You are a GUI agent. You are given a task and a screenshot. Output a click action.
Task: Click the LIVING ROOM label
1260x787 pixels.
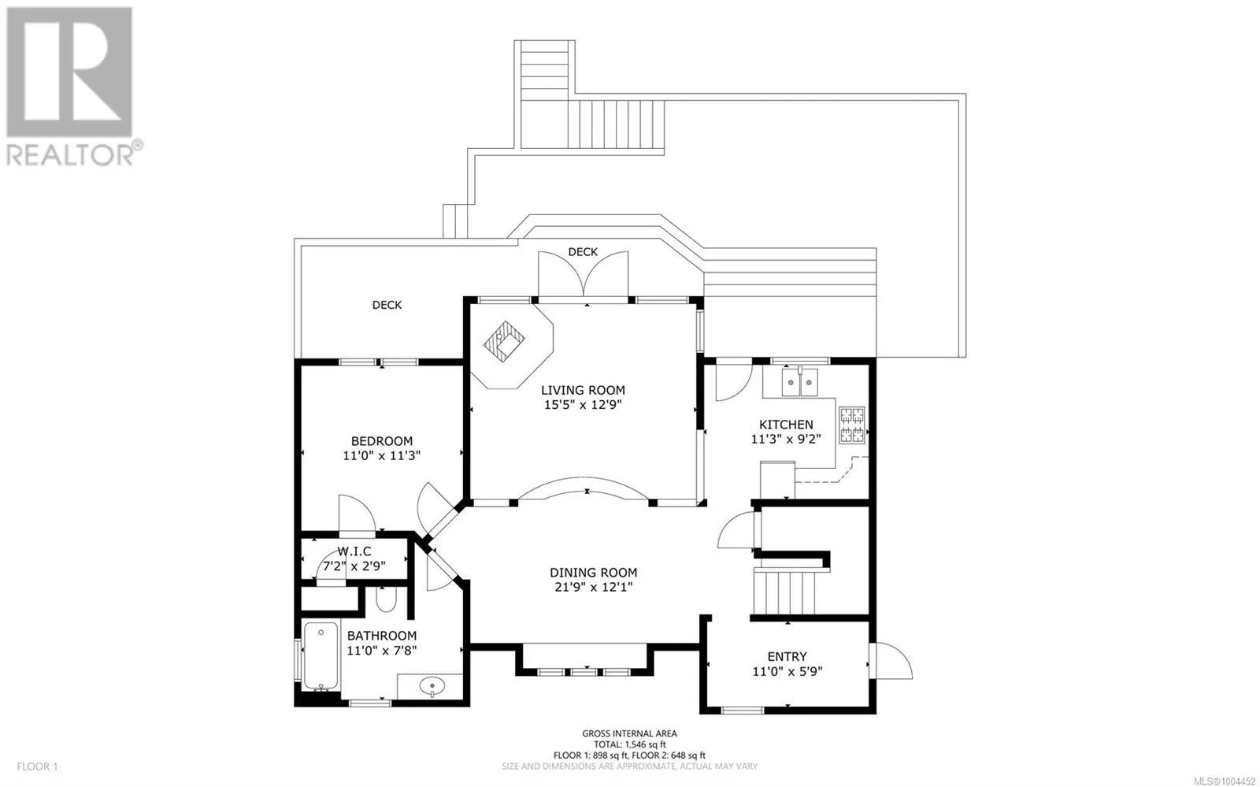583,390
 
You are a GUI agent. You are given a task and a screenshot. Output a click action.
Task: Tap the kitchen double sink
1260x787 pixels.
799,383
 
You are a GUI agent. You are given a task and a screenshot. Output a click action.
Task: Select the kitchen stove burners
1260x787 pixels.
851,425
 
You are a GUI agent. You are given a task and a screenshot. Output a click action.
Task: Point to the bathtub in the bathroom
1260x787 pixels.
321,656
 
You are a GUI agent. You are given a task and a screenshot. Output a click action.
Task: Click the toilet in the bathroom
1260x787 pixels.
386,600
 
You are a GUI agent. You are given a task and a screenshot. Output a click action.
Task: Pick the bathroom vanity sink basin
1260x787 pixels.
432,686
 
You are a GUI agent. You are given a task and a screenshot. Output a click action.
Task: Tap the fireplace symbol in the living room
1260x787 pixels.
505,341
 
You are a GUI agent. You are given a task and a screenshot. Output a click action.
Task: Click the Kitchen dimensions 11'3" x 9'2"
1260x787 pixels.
786,440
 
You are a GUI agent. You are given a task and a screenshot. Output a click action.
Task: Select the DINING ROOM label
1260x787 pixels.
594,573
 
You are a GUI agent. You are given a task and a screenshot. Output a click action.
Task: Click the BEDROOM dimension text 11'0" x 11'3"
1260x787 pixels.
382,455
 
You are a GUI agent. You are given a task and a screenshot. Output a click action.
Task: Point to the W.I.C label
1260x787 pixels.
354,551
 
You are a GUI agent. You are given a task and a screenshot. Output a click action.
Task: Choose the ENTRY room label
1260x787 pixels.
787,656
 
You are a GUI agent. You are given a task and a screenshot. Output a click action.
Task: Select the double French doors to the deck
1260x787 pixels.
584,274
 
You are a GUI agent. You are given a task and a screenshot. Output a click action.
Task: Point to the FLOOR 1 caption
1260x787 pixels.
37,767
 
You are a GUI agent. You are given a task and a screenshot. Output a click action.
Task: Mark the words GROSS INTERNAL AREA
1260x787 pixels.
629,733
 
